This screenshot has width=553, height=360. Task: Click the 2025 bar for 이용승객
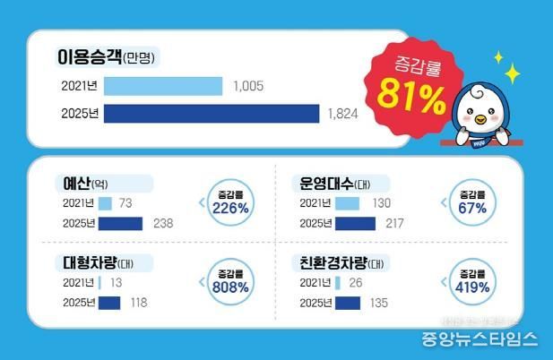[212, 114]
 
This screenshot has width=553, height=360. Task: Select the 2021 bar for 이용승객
[163, 86]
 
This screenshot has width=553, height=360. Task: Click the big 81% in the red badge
[411, 94]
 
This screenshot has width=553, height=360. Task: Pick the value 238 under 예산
[164, 224]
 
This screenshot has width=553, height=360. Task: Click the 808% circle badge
[231, 283]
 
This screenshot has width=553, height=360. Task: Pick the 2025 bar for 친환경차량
[348, 303]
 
